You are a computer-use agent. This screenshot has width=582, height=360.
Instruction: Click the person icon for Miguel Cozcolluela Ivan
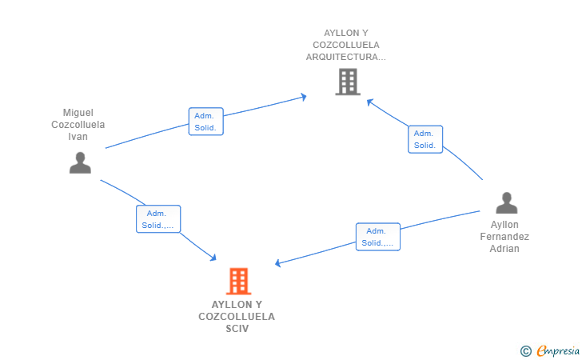coord(80,162)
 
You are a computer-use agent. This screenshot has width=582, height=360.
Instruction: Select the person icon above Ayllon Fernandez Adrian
coord(506,203)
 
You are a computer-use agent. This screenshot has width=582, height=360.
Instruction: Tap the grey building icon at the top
coord(348,82)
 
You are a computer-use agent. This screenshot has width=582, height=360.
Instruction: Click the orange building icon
coord(238,281)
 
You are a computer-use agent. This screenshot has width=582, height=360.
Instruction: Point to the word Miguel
coord(78,113)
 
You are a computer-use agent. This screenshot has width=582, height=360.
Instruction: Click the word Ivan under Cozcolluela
coord(78,137)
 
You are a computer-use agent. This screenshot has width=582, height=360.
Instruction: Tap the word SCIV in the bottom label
coord(237,329)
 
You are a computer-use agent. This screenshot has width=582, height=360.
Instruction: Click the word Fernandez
coord(504,237)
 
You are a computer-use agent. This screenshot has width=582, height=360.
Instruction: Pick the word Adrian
coord(504,249)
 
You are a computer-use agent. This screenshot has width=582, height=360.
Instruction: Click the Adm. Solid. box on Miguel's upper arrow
coord(205,122)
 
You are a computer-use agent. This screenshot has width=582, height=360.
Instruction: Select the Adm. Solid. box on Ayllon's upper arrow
coord(425,139)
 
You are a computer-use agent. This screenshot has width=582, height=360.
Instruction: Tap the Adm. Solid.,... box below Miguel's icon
coord(158,219)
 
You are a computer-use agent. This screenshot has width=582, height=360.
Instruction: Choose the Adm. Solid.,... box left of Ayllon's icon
coord(377,237)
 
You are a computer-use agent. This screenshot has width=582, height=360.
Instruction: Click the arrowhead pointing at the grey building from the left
coord(304,97)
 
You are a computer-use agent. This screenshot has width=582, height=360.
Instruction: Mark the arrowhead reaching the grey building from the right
coord(369,101)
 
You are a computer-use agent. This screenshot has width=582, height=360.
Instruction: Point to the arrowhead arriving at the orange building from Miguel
coord(213,257)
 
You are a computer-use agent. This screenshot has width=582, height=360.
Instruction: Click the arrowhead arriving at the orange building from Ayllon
coord(278,263)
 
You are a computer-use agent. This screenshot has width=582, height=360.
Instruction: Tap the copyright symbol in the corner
coord(525,350)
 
